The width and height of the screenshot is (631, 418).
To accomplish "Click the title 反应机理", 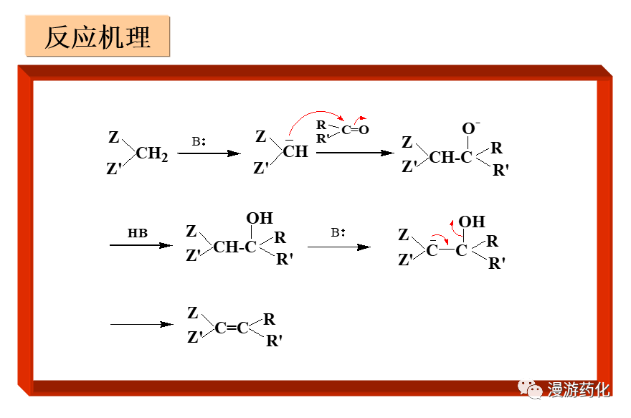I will [x=98, y=37].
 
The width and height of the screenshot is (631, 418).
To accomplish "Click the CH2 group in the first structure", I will [x=151, y=153].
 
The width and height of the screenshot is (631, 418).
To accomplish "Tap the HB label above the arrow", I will [x=137, y=233].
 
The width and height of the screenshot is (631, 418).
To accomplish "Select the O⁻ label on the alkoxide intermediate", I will [x=470, y=129].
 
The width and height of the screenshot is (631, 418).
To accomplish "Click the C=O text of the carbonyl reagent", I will [x=355, y=130].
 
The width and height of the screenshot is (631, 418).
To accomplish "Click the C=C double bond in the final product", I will [x=232, y=328].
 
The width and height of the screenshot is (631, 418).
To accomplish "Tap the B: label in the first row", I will [x=199, y=141].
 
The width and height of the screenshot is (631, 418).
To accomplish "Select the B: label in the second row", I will [x=338, y=233].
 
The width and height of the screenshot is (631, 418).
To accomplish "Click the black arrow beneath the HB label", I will [x=141, y=246].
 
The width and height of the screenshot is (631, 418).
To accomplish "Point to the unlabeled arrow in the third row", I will [x=141, y=325].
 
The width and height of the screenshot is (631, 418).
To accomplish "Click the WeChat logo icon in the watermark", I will [x=531, y=390].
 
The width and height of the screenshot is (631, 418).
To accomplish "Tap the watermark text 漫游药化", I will [x=579, y=390].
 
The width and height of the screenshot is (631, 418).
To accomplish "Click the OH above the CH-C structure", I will [x=259, y=218].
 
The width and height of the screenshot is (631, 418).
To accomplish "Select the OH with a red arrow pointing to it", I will [x=472, y=222].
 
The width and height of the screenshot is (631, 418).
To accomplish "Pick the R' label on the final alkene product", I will [x=274, y=341].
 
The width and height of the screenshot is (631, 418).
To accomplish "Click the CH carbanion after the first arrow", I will [x=295, y=151].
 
